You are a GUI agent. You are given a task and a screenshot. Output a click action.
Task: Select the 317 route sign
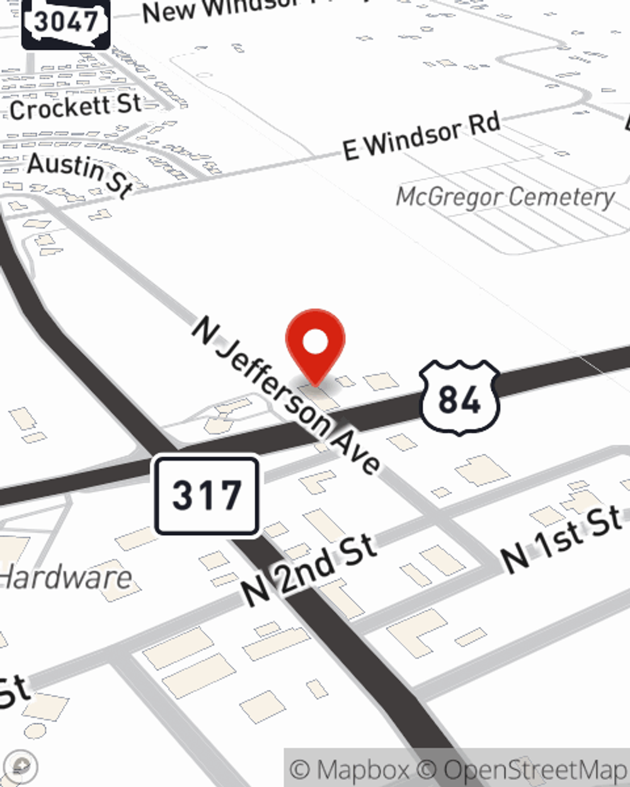[207, 495]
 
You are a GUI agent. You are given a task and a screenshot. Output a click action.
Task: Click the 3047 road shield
[66, 23]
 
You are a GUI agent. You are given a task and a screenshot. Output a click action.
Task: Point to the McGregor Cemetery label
[505, 197]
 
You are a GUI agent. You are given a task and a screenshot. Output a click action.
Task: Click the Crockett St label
[75, 108]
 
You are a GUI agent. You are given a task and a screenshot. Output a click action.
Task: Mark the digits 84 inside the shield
[459, 399]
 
